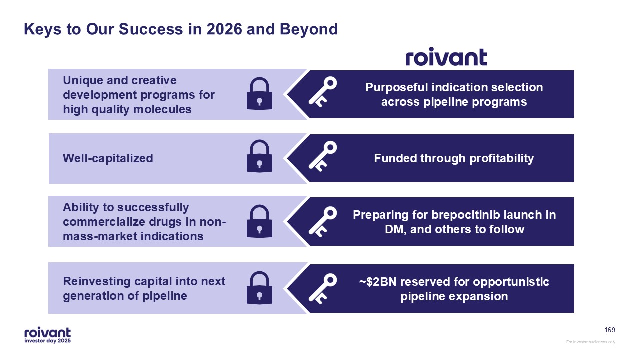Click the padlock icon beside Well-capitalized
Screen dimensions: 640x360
[259, 157]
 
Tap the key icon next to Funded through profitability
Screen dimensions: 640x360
[322, 156]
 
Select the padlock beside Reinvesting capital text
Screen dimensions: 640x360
[259, 288]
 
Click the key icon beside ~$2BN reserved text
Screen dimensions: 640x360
[322, 289]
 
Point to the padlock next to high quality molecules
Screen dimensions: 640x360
[259, 94]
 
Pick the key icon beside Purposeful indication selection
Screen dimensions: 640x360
[322, 92]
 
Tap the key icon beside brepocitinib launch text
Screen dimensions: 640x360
[322, 222]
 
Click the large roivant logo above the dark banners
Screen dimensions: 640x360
[446, 57]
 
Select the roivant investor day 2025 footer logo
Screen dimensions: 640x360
[47, 335]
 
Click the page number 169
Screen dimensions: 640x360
[610, 330]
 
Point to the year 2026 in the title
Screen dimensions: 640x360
[224, 29]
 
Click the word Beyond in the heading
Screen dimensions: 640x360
[309, 29]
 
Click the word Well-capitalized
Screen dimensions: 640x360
[108, 158]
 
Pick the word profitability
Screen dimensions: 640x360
[501, 159]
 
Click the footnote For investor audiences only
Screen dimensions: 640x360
[591, 342]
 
